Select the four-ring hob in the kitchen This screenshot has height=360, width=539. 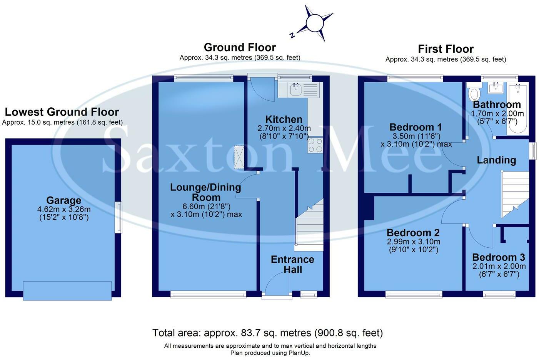(315, 145)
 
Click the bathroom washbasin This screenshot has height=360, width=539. (496, 88)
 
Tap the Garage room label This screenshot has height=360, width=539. (64, 200)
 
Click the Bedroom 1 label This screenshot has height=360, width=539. (416, 127)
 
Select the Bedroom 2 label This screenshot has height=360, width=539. (413, 233)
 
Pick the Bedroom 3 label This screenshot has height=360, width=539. (498, 257)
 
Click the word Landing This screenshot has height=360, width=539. (496, 160)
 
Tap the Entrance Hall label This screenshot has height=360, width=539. (292, 264)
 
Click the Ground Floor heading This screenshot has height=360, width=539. (240, 47)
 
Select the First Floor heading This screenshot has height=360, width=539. (446, 49)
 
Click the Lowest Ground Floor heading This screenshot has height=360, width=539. (62, 112)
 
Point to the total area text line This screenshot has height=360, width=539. (267, 333)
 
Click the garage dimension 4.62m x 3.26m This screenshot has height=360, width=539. (64, 210)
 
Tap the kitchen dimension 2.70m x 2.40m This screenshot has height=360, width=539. (284, 128)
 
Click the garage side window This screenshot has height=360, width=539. (119, 217)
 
